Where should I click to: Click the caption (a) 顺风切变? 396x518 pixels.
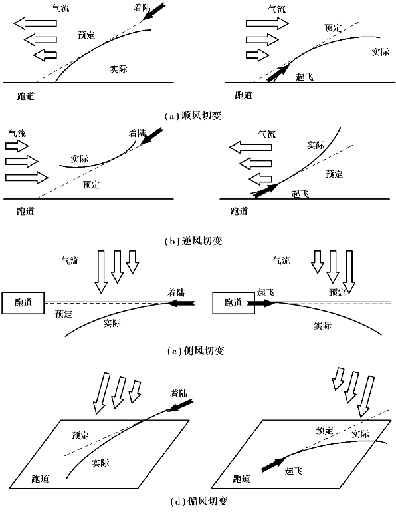click(x=193, y=116)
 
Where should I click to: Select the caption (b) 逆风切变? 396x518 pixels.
click(x=193, y=241)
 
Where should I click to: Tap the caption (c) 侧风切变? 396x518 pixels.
click(x=196, y=350)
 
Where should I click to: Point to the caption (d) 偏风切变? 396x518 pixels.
click(x=199, y=501)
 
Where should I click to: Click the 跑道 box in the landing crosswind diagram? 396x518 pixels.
click(x=23, y=302)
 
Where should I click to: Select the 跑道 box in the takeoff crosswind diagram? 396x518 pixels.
click(x=233, y=302)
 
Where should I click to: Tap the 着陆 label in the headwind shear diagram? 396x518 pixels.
click(x=137, y=132)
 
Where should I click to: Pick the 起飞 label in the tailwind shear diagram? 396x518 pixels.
click(x=304, y=77)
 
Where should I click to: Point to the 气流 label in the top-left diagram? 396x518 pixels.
click(x=60, y=7)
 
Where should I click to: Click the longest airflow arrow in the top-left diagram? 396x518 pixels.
click(x=35, y=23)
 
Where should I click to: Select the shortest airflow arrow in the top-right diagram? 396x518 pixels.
click(x=258, y=55)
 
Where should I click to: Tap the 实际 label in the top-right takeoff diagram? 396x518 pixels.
click(x=381, y=51)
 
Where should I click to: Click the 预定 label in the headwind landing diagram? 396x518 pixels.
click(x=91, y=184)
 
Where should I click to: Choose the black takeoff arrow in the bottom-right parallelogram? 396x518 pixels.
click(x=273, y=464)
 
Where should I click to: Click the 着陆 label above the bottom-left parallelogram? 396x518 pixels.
click(x=179, y=393)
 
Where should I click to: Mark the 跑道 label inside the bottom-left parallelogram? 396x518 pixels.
click(x=41, y=478)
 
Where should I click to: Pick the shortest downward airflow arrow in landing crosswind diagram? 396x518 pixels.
click(x=132, y=262)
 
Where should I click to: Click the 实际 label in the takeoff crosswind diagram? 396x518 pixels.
click(x=322, y=326)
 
